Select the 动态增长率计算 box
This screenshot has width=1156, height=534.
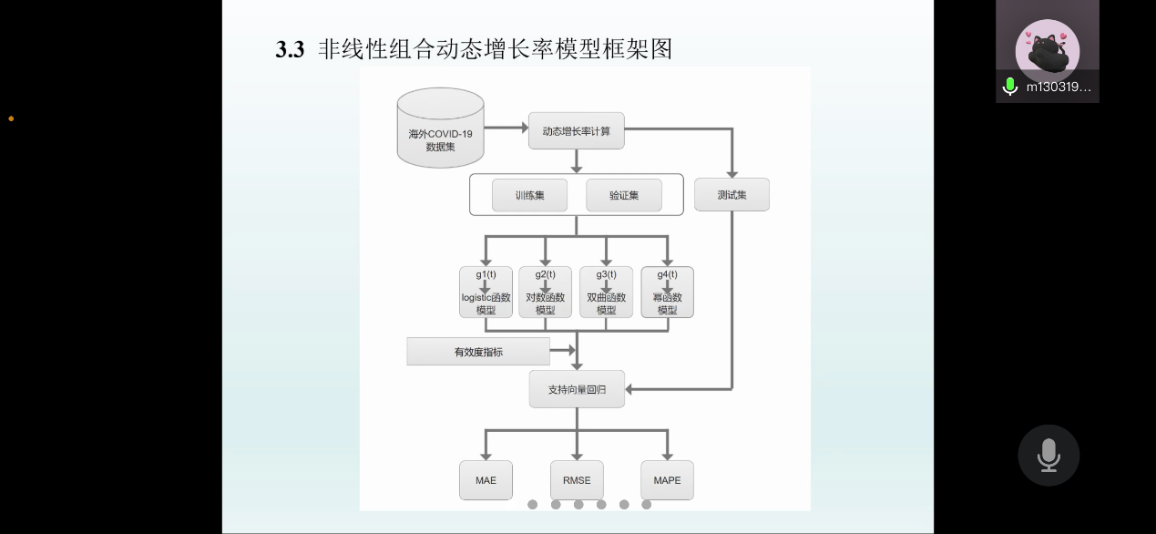tap(576, 131)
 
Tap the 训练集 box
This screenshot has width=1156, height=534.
tap(529, 195)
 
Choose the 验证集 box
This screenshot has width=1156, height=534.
tap(624, 195)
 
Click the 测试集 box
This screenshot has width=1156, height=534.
tap(731, 195)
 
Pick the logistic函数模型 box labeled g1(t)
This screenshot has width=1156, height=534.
tap(486, 293)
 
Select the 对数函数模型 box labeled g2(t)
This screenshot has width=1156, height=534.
tap(545, 293)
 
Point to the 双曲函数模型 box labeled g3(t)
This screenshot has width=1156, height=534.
tap(606, 293)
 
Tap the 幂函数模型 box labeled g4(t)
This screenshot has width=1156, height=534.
tap(667, 293)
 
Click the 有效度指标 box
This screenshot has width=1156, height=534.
tap(478, 352)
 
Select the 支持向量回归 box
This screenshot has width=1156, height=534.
tap(577, 389)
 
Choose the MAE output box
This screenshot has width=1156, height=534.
tap(486, 480)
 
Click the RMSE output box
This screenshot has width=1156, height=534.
tap(577, 480)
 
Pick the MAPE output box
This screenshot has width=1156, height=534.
tap(667, 480)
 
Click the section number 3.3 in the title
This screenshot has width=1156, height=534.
tap(290, 50)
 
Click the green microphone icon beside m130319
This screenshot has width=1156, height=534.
tap(1009, 87)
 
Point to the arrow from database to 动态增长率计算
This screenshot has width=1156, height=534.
tap(506, 128)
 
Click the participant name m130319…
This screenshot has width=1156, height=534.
tap(1058, 87)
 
